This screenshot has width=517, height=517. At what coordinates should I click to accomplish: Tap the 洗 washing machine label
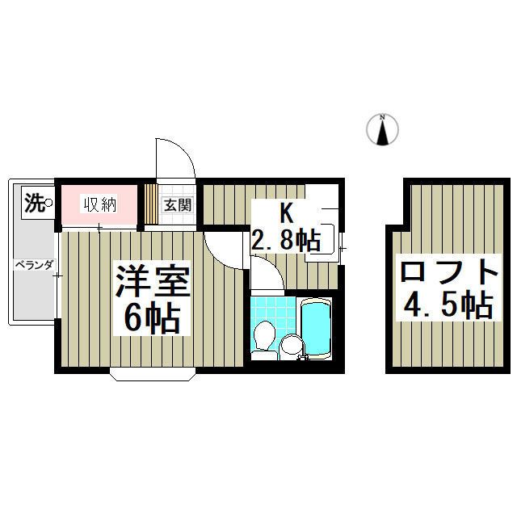[33, 202]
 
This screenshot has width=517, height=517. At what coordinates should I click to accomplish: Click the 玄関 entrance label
[179, 205]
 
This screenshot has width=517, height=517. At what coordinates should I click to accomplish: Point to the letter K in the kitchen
[285, 213]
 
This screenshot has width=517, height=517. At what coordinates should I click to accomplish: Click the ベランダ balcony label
[32, 264]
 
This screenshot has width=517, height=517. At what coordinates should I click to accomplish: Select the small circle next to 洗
[48, 202]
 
